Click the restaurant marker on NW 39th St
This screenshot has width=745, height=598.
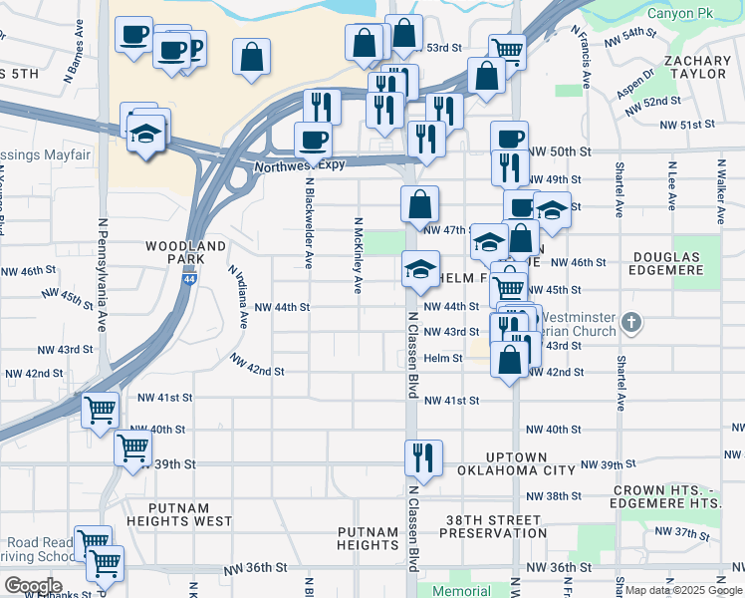(423, 456)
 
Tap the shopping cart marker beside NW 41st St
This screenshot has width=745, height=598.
(100, 409)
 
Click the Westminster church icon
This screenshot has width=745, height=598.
(630, 323)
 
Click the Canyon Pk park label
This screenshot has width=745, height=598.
(682, 14)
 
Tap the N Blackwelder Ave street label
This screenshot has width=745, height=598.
(309, 224)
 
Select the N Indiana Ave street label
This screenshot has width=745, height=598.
(238, 297)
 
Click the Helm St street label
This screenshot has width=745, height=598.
(443, 358)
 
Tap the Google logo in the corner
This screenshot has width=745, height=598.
(32, 585)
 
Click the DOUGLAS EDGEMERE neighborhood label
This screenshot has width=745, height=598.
(681, 264)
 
